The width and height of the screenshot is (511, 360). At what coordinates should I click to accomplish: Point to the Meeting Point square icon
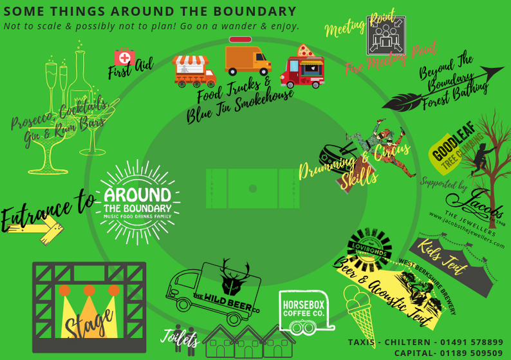coord(386,36)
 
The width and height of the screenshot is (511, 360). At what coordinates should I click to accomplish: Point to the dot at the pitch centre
coord(252,188)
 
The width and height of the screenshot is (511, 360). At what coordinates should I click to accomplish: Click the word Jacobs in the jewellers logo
coord(483,203)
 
